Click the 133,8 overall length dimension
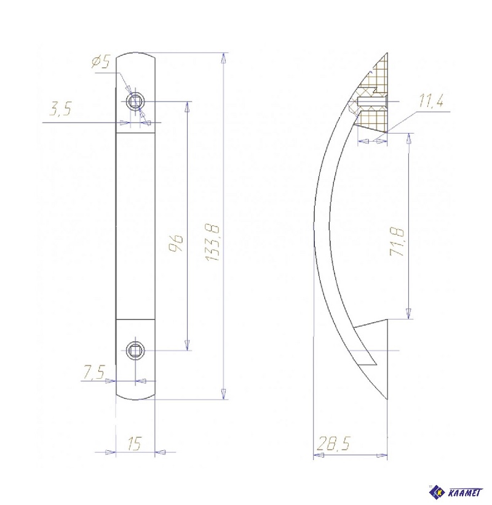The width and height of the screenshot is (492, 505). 213,242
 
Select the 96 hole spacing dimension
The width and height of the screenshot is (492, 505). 176,243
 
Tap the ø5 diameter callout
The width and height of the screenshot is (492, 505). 101,61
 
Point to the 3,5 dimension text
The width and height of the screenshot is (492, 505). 60,109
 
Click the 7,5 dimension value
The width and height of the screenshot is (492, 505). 94,371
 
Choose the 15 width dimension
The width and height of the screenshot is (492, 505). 135,444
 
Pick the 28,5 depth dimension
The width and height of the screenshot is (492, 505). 333,443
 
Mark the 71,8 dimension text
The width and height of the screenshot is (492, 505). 397,241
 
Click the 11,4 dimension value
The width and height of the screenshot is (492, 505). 431,101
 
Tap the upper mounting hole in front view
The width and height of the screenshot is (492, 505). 135,102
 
